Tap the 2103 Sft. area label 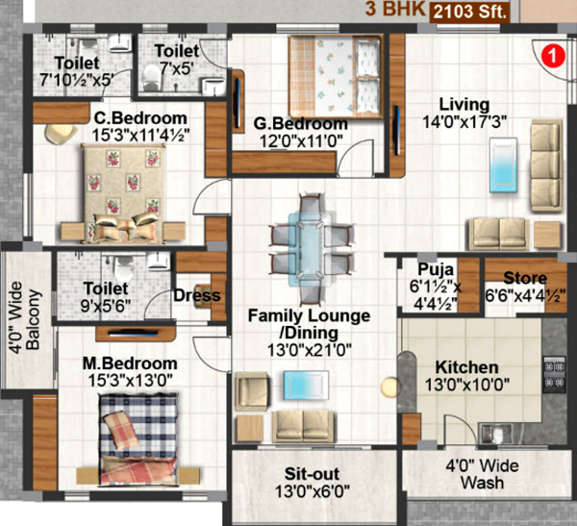[x=471, y=12]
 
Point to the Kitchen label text [x=466, y=367]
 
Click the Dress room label [x=196, y=296]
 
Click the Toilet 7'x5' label [x=177, y=59]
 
